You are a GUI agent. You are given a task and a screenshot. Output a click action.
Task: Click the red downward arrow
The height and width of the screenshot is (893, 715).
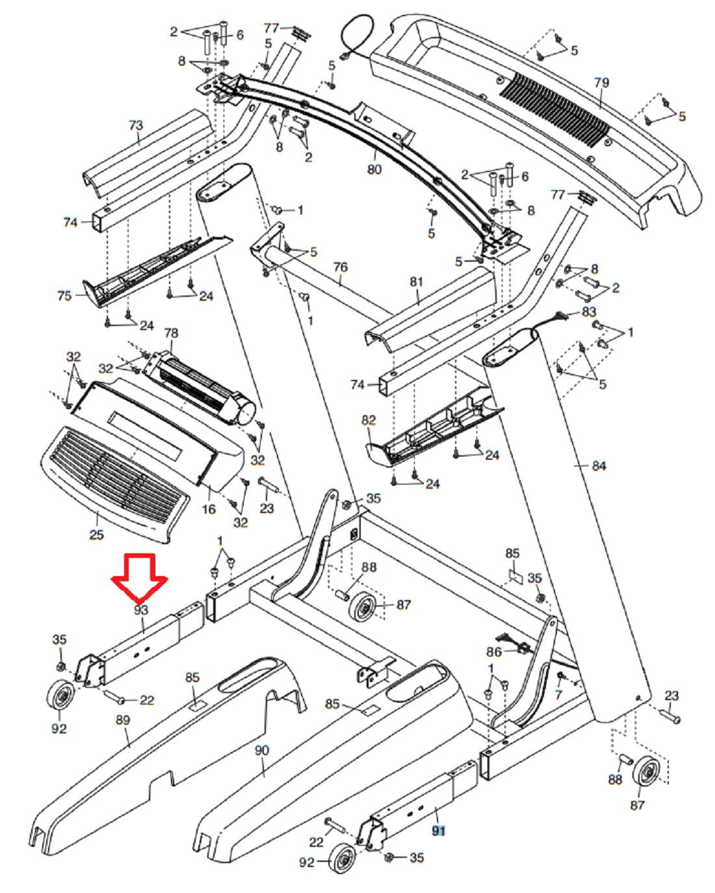pyautogui.click(x=139, y=578)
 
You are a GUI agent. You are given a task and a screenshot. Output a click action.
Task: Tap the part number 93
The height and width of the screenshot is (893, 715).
pyautogui.click(x=141, y=610)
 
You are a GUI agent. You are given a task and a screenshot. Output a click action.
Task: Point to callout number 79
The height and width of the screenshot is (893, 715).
pyautogui.click(x=602, y=82)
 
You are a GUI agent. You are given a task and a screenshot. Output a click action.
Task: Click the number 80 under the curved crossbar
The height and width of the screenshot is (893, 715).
pyautogui.click(x=374, y=170)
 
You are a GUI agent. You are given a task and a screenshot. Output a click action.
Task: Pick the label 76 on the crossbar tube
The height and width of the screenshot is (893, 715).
pyautogui.click(x=340, y=267)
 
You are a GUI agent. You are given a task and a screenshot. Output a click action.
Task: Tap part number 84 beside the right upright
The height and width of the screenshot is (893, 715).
pyautogui.click(x=599, y=466)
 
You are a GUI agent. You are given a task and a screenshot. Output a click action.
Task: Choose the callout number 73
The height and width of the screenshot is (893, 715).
pyautogui.click(x=136, y=125)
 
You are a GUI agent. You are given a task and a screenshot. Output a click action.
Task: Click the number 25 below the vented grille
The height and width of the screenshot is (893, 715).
pyautogui.click(x=96, y=535)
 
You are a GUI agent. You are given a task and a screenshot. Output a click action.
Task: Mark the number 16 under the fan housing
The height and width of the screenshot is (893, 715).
pyautogui.click(x=209, y=509)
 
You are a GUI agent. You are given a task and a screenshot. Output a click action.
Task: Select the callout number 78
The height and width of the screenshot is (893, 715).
pyautogui.click(x=171, y=333)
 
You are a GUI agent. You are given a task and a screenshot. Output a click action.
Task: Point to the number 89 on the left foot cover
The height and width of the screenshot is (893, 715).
pyautogui.click(x=123, y=720)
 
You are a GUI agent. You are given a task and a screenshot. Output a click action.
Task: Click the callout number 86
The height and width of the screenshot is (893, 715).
pyautogui.click(x=494, y=652)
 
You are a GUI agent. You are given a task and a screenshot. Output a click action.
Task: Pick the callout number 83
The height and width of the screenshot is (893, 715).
pyautogui.click(x=589, y=312)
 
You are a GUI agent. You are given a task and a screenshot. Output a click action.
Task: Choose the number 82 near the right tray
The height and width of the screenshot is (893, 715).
pyautogui.click(x=369, y=420)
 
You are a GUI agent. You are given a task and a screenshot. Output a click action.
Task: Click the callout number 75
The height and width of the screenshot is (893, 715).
pyautogui.click(x=64, y=296)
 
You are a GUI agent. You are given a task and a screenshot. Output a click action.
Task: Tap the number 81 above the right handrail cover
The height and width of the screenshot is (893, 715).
pyautogui.click(x=416, y=282)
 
